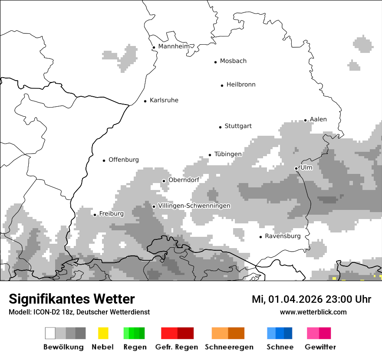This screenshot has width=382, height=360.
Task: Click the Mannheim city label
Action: pyautogui.click(x=174, y=46)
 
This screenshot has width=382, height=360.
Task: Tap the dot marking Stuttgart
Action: pyautogui.click(x=220, y=127)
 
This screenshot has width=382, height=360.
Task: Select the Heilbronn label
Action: pyautogui.click(x=241, y=85)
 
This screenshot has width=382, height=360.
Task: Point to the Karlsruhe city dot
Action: pyautogui.click(x=145, y=101)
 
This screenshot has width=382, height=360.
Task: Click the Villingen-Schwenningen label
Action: pyautogui.click(x=194, y=206)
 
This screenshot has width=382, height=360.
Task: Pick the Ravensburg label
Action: pyautogui.click(x=283, y=236)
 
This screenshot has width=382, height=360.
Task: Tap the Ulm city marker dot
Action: pyautogui.click(x=296, y=168)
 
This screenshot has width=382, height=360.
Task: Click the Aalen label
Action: pyautogui.click(x=318, y=120)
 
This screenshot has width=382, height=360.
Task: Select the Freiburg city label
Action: pyautogui.click(x=111, y=214)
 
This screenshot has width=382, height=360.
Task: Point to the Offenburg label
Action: pyautogui.click(x=124, y=160)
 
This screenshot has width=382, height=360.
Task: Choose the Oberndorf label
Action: pyautogui.click(x=184, y=180)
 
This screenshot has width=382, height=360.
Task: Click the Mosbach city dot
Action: pyautogui.click(x=215, y=62)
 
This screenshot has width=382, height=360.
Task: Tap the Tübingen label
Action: pyautogui.click(x=228, y=154)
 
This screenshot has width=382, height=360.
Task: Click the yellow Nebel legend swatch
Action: pyautogui.click(x=103, y=333)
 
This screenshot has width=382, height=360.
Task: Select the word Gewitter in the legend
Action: pyautogui.click(x=320, y=347)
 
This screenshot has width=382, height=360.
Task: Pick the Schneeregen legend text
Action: pyautogui.click(x=229, y=347)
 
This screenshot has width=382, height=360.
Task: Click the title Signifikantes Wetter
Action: pyautogui.click(x=72, y=299)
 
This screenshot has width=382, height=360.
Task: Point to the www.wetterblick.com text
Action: pyautogui.click(x=313, y=312)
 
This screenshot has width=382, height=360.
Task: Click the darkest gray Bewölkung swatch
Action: pyautogui.click(x=81, y=333)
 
